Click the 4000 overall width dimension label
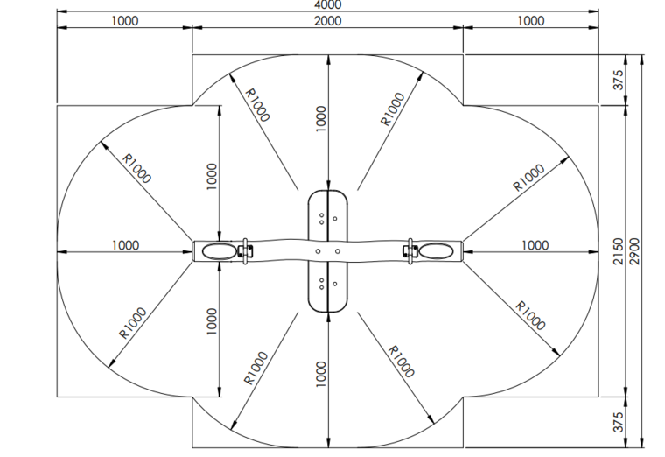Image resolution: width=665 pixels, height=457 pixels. (327, 4)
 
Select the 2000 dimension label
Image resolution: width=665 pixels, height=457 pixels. (327, 21)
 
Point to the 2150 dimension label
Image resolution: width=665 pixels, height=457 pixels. (619, 251)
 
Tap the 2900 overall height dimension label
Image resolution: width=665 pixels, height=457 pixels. (634, 251)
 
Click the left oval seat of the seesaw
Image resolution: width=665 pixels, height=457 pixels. (220, 251)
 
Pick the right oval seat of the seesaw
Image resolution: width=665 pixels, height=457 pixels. (436, 251)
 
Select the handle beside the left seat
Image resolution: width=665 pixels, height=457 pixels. (245, 251)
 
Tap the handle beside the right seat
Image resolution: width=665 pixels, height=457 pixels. (409, 251)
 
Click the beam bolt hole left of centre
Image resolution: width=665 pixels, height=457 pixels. (318, 251)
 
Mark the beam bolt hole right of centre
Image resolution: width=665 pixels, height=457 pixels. (337, 251)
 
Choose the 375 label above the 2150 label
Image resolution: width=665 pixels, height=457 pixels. (619, 80)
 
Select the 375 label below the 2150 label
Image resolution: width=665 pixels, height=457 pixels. (619, 422)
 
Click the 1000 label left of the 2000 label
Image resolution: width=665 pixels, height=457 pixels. (124, 21)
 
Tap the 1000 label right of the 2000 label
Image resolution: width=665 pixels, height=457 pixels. (530, 21)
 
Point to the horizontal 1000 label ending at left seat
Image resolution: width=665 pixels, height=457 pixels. (125, 245)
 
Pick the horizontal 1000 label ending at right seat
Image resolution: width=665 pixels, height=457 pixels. (535, 245)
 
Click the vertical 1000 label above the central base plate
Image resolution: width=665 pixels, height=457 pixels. (321, 119)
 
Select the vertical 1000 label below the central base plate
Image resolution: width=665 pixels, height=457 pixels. (321, 374)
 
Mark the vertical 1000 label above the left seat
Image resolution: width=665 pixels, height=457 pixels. (212, 177)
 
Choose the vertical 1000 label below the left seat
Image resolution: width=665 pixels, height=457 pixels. (212, 321)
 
